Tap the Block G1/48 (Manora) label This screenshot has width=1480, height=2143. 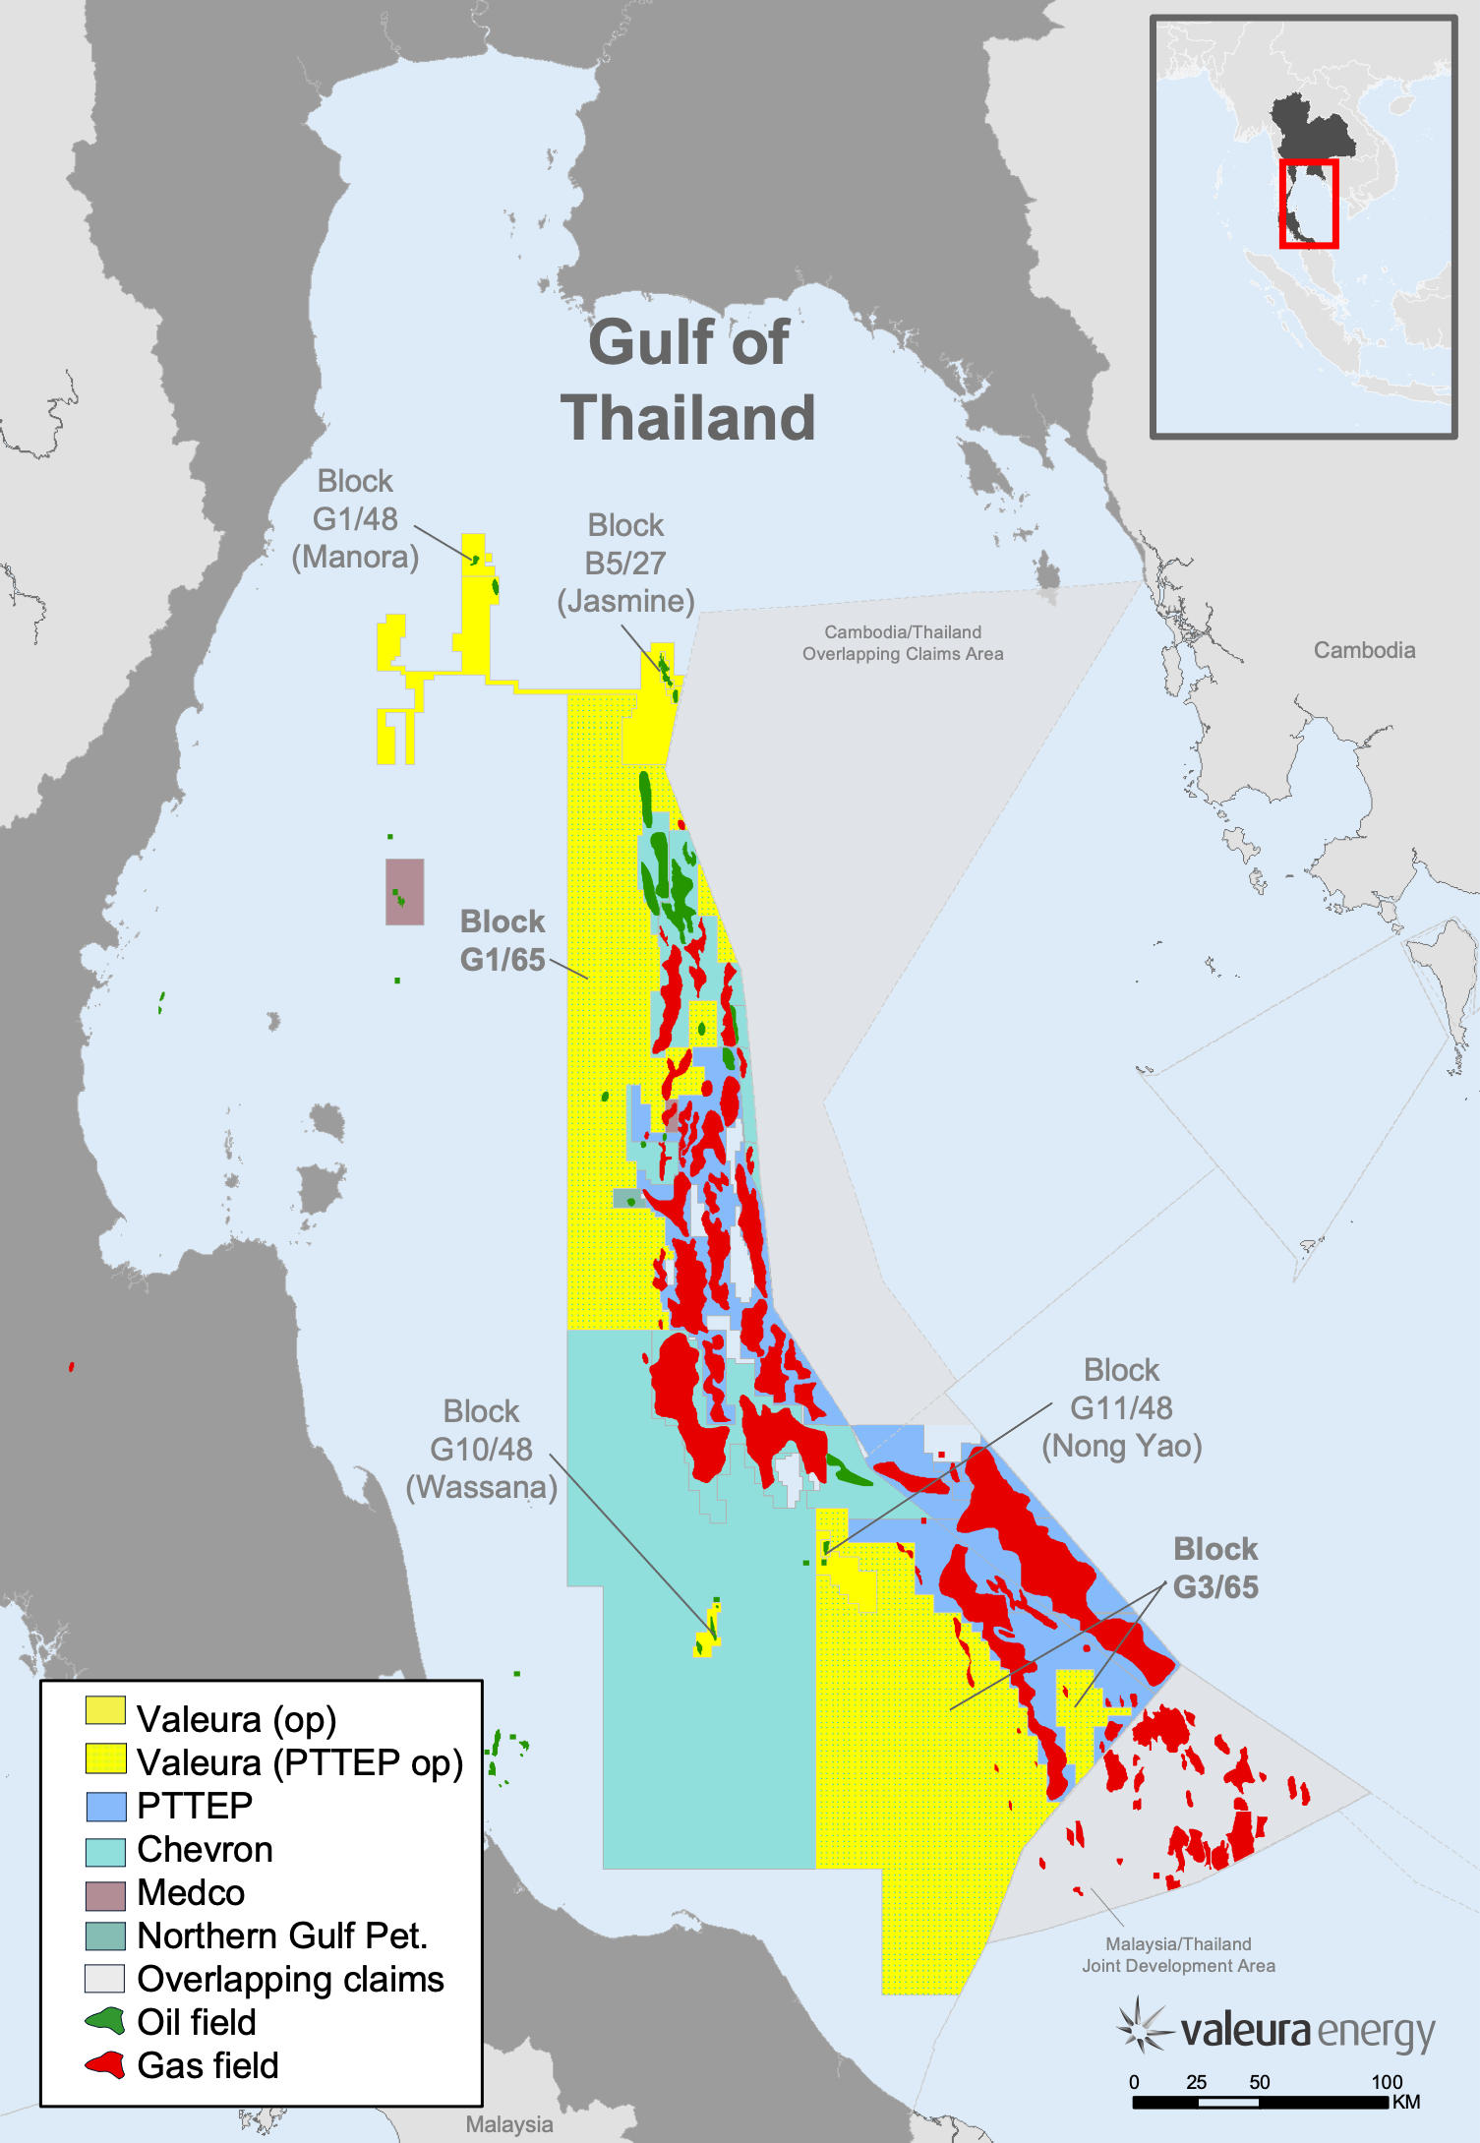(355, 519)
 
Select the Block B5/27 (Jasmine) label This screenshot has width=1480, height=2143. (625, 564)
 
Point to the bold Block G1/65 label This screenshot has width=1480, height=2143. (503, 941)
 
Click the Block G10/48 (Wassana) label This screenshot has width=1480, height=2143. (481, 1450)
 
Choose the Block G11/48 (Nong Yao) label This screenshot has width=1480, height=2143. (1121, 1408)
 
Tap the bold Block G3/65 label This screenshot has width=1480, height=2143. (1215, 1568)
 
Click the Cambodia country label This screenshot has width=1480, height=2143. (1364, 650)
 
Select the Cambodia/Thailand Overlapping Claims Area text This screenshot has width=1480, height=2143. (903, 643)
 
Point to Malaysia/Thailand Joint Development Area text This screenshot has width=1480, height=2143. (1178, 1955)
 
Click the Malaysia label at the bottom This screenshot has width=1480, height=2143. (508, 2124)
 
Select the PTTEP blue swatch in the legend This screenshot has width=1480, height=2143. (105, 1807)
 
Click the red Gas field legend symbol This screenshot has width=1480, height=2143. (105, 2064)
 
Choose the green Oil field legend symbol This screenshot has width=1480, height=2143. (105, 2021)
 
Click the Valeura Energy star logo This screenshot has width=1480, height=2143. (1142, 2026)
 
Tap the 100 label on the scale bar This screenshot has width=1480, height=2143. (1387, 2082)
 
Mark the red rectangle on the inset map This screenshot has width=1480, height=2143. (1309, 204)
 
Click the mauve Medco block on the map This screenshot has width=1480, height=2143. (404, 892)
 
